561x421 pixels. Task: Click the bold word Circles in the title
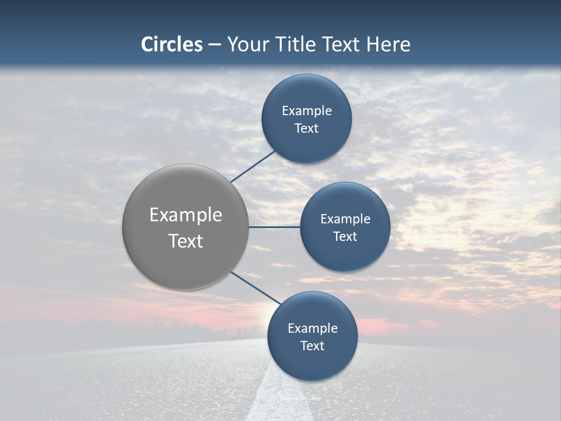pyautogui.click(x=172, y=44)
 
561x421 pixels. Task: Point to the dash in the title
pyautogui.click(x=214, y=45)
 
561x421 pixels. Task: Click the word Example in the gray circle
pyautogui.click(x=186, y=215)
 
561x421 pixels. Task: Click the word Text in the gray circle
pyautogui.click(x=186, y=241)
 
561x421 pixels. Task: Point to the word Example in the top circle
pyautogui.click(x=307, y=111)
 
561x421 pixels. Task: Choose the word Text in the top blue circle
pyautogui.click(x=307, y=129)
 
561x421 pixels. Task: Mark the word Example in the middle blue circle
pyautogui.click(x=345, y=219)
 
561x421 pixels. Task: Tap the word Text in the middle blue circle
pyautogui.click(x=345, y=237)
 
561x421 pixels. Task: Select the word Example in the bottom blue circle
pyautogui.click(x=313, y=329)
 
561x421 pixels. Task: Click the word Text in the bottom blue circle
pyautogui.click(x=313, y=346)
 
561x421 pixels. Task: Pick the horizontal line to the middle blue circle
pyautogui.click(x=274, y=227)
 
